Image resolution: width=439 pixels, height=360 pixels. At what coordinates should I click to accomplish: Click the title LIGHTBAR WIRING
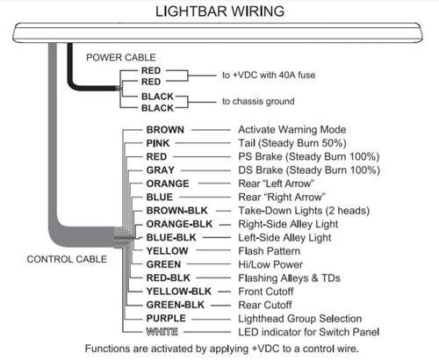pos(219,11)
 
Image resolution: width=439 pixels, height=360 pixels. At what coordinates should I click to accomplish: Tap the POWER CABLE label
pos(121,57)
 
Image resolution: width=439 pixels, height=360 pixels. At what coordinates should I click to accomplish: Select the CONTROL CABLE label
pos(67,259)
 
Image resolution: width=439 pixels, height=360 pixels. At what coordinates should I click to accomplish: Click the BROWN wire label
pos(165,130)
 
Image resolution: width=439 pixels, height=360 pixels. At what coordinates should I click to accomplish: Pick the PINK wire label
pos(158,143)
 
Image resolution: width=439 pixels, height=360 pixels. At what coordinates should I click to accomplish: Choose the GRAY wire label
pos(160,170)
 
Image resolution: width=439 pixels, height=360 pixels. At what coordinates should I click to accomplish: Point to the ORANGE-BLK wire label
pos(179,224)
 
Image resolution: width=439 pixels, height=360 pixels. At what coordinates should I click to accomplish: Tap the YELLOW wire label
pos(167,251)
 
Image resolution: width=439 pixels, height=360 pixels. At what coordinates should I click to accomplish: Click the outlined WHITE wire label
pos(162,332)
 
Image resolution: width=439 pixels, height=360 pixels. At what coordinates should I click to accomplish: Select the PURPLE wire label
pos(166,318)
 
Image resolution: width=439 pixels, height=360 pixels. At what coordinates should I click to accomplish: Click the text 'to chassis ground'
pos(258,101)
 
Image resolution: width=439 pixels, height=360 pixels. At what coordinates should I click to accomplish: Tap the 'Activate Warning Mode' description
pos(292,130)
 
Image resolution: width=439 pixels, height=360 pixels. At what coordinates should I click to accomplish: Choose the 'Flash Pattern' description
pos(270,251)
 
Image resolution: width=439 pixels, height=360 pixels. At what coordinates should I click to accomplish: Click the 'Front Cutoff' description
pos(266,292)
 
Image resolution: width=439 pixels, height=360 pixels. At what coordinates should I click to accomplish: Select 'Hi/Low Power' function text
pos(270,264)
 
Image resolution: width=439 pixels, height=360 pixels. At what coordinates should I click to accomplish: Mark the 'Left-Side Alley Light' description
pos(284,237)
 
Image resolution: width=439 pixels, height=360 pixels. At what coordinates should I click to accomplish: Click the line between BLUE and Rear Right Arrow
pos(205,197)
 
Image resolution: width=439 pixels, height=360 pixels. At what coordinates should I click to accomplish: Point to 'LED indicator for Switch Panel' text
pos(309,332)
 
